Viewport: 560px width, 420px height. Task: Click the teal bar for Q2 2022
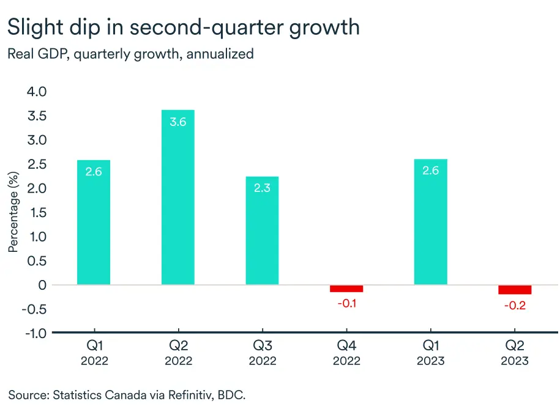point(177,197)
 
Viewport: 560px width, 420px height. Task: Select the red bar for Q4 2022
point(346,289)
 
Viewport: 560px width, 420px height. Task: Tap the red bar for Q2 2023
point(515,290)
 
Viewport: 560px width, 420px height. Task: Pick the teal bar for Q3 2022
point(262,230)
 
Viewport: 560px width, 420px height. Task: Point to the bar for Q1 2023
point(430,222)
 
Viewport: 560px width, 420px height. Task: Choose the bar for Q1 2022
point(94,223)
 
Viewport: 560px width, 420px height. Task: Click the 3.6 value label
point(177,122)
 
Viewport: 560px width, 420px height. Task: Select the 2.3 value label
point(262,188)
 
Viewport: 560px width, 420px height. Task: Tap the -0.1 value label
point(346,303)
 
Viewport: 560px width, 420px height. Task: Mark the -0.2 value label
point(515,305)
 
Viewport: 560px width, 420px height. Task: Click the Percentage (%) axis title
point(13,212)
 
